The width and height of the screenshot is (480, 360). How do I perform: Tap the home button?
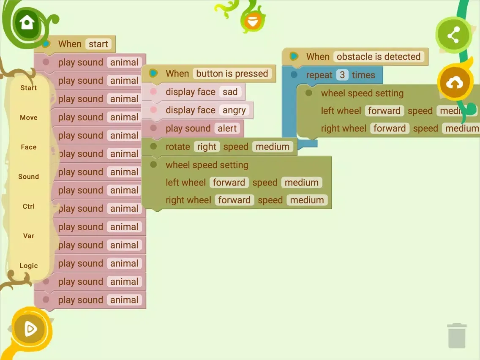point(26,22)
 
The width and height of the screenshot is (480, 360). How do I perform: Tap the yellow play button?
point(29,328)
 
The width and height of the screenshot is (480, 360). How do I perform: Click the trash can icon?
point(456,335)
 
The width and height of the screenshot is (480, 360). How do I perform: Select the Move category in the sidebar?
point(29,117)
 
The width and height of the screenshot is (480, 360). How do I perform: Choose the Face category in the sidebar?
point(29,147)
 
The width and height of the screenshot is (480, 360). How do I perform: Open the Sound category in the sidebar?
point(29,177)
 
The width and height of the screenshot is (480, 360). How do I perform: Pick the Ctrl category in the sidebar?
point(29,206)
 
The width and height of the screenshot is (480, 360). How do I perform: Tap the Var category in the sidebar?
point(29,236)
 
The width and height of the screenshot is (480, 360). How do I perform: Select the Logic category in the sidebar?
point(29,266)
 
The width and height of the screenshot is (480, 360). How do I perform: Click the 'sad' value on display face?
point(230,92)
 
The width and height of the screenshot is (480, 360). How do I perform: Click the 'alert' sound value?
point(227,128)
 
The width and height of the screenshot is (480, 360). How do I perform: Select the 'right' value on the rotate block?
point(207,147)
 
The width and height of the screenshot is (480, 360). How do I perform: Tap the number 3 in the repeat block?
point(342,75)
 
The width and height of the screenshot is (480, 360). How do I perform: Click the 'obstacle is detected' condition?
point(378,57)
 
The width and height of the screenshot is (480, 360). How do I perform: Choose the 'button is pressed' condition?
point(232,74)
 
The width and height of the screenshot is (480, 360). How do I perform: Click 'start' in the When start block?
point(98,44)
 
